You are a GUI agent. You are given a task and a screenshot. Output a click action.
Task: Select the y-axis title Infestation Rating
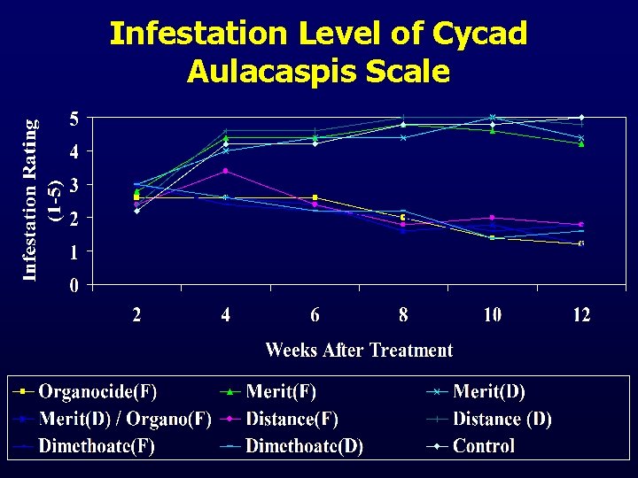point(31,200)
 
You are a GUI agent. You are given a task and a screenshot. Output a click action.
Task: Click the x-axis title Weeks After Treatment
point(359,351)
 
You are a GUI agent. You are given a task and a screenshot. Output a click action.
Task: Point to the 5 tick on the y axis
point(74,119)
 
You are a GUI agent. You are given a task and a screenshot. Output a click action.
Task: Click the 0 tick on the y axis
point(74,286)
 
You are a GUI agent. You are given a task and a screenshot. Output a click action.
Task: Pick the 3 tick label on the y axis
point(74,185)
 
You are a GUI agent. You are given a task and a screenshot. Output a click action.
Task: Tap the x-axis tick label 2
point(137,314)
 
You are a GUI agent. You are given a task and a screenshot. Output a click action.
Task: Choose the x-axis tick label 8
point(403,314)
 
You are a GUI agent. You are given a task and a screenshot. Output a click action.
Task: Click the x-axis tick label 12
point(580,314)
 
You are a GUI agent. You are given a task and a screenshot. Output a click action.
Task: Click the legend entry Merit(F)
point(281,391)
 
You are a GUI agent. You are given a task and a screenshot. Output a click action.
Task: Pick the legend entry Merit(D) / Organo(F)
point(124,419)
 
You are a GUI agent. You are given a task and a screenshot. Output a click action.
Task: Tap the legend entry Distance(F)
point(292,419)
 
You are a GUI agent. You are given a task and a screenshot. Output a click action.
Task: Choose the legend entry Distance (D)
point(502,419)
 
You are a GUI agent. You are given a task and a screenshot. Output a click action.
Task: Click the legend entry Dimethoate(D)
point(304,446)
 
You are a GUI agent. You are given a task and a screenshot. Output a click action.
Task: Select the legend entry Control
point(483,446)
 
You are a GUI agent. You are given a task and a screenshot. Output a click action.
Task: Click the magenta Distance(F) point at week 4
point(226,171)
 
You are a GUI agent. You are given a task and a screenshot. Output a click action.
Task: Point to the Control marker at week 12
point(580,117)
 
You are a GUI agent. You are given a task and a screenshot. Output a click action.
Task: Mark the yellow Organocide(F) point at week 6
point(315,197)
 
